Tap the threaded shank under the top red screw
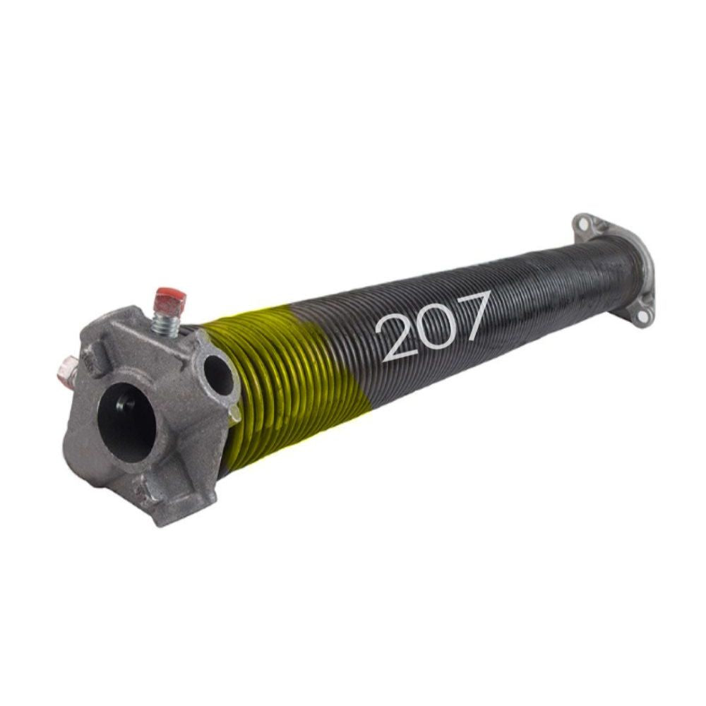point(166,324)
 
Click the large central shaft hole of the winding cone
point(127,421)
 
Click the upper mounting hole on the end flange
point(584,224)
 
